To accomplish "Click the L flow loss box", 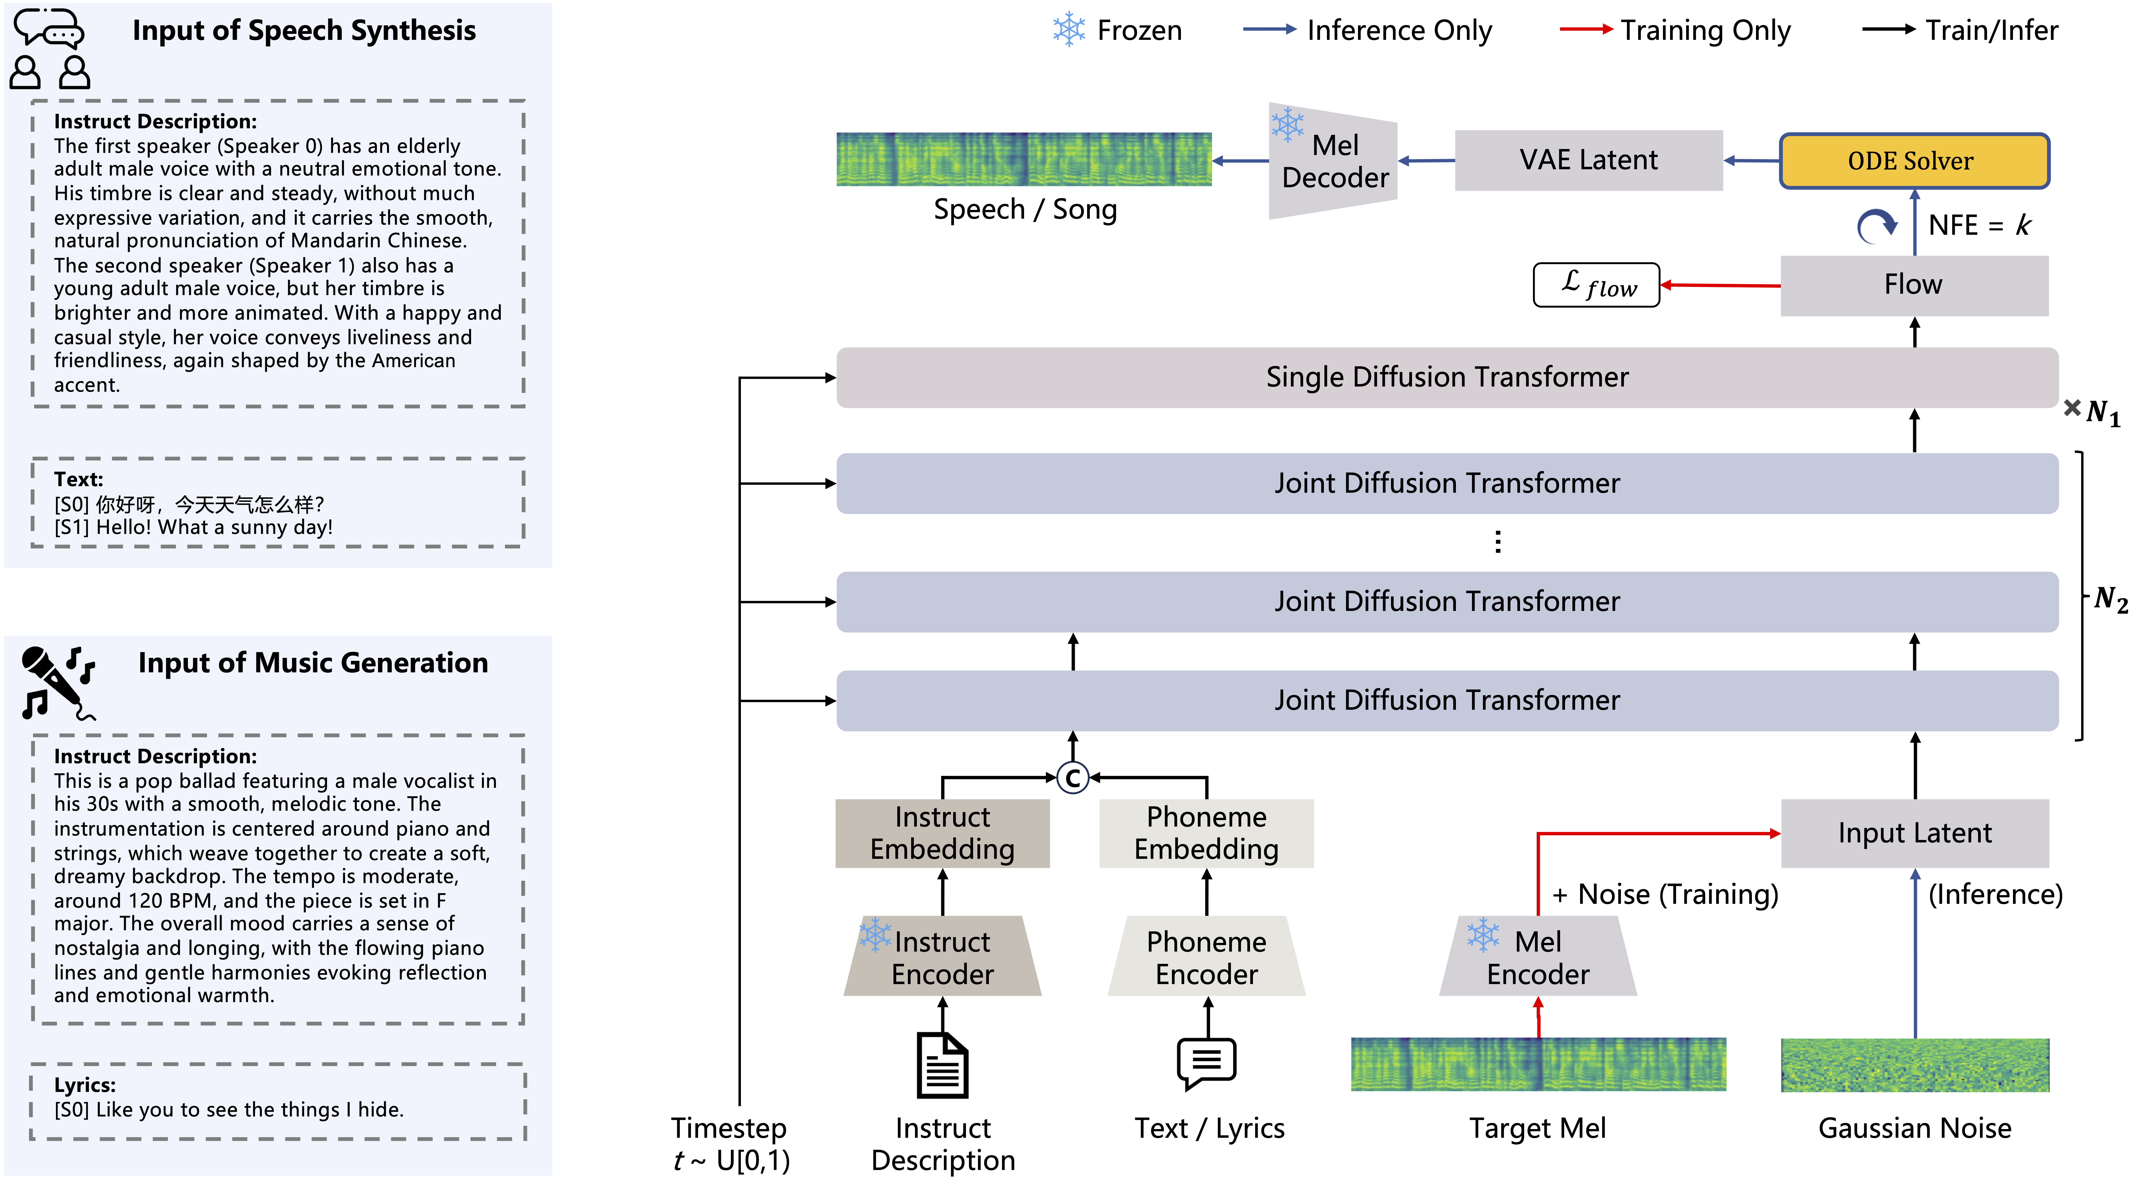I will click(x=1596, y=285).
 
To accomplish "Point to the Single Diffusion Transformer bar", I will click(x=1447, y=377).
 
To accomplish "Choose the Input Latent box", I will click(x=1914, y=833).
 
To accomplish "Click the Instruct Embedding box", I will click(x=942, y=833).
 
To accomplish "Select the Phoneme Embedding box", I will click(x=1206, y=833).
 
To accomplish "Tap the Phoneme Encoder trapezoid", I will click(x=1206, y=957).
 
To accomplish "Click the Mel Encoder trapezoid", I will click(x=1538, y=957).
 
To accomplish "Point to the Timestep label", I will click(x=729, y=1128).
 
